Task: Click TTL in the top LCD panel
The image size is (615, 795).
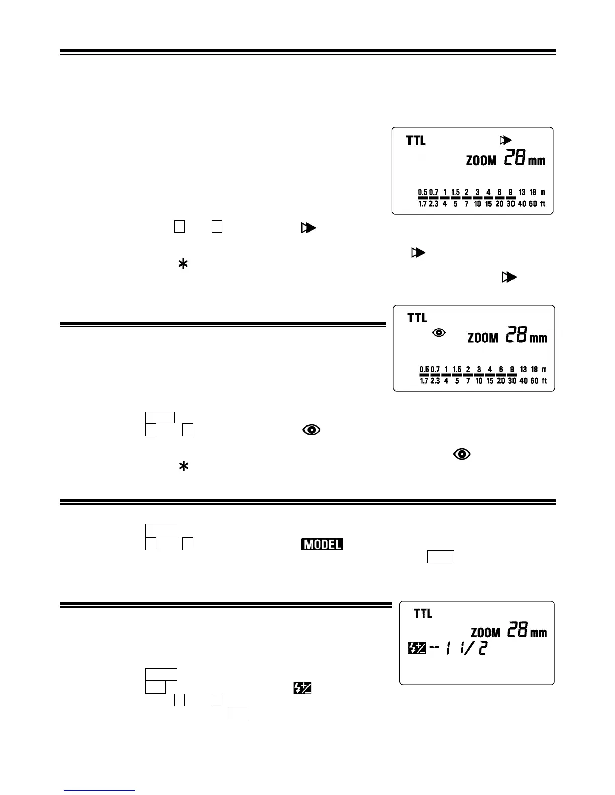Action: tap(416, 141)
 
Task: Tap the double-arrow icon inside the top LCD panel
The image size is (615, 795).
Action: tap(505, 140)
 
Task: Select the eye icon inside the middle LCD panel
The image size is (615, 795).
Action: tap(439, 332)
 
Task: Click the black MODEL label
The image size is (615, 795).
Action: tap(322, 544)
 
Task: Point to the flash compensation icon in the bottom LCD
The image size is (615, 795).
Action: tap(417, 649)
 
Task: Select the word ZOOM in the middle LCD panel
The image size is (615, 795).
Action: tap(483, 338)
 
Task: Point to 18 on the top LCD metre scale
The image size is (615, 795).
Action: tap(533, 192)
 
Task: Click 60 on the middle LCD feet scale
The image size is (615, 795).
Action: tap(534, 381)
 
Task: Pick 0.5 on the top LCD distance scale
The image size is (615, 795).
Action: tap(423, 192)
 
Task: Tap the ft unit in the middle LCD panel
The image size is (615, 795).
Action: tap(544, 381)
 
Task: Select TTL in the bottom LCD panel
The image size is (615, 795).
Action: tap(423, 613)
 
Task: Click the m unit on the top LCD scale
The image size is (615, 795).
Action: tap(543, 192)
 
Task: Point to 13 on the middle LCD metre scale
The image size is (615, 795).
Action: tap(523, 370)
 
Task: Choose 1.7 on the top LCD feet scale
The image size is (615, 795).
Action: tap(423, 204)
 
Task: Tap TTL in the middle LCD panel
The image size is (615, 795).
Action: tap(417, 318)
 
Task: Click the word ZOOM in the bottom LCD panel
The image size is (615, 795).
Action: tap(485, 632)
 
